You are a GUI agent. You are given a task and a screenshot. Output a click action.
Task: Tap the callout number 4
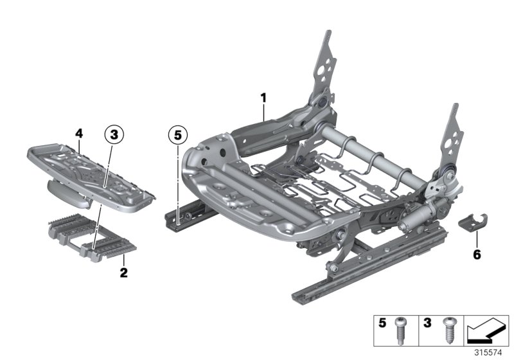pyautogui.click(x=78, y=133)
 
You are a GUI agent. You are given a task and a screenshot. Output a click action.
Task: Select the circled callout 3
pyautogui.click(x=113, y=134)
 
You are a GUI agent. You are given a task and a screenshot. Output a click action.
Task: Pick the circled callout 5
pyautogui.click(x=177, y=134)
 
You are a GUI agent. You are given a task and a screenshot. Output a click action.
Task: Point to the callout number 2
pyautogui.click(x=123, y=273)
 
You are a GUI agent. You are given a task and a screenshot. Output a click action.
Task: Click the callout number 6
pyautogui.click(x=476, y=255)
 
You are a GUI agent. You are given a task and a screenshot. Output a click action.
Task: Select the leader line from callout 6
pyautogui.click(x=476, y=238)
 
